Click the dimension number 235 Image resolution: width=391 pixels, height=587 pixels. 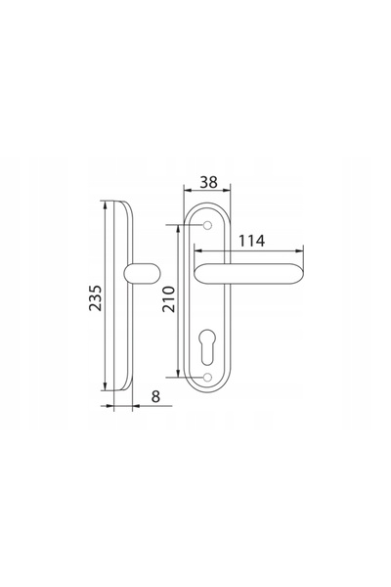95,298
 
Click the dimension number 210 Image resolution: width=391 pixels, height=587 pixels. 169,299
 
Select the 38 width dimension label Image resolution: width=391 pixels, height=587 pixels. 208,182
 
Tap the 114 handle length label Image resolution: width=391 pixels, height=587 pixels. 252,241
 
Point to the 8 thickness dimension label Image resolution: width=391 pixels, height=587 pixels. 155,396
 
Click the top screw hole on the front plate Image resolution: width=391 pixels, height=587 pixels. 207,225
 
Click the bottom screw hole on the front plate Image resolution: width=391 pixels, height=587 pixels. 207,377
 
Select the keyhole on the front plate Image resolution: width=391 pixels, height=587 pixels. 207,346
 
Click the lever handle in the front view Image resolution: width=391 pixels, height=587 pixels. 249,273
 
